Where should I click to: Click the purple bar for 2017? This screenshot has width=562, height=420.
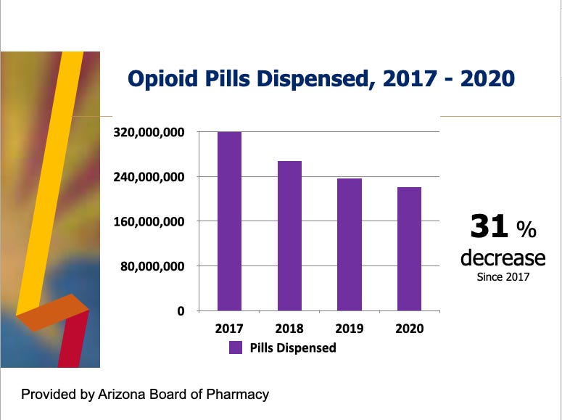(x=230, y=221)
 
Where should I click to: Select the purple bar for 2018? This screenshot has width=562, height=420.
(x=289, y=236)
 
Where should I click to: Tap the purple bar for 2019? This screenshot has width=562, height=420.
(x=350, y=244)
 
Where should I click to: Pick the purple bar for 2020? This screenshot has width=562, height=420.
(x=409, y=249)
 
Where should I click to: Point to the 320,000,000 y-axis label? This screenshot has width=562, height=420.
(x=151, y=133)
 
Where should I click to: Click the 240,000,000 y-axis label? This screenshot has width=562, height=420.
(x=151, y=177)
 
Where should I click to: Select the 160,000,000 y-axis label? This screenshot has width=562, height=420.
(x=151, y=221)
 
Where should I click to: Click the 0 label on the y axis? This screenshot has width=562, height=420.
(x=182, y=311)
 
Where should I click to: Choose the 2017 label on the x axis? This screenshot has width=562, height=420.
(x=230, y=329)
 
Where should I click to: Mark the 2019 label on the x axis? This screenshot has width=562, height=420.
(x=350, y=329)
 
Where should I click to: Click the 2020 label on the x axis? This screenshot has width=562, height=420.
(x=409, y=329)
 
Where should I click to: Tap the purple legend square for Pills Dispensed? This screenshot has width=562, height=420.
(x=236, y=347)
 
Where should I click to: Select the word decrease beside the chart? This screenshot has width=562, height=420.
(x=503, y=258)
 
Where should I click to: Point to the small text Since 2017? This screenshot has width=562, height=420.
(x=503, y=276)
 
